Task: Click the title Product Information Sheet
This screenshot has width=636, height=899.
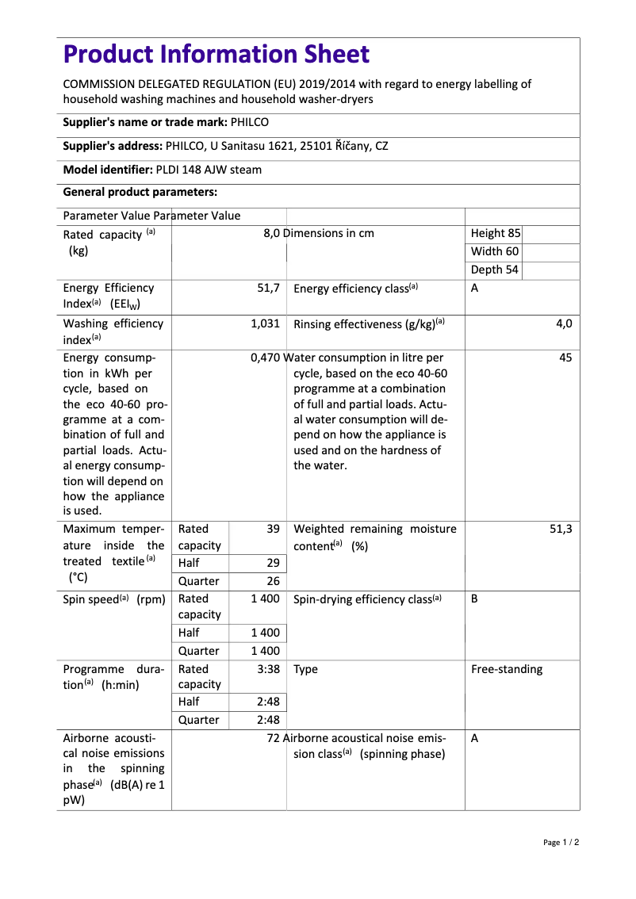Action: [x=216, y=54]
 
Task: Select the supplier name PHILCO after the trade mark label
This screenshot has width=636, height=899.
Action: [x=250, y=122]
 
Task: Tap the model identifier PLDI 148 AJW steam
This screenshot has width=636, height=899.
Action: [x=209, y=170]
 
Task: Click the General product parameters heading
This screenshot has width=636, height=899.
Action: [x=140, y=192]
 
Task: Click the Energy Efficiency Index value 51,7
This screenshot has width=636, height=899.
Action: [x=268, y=289]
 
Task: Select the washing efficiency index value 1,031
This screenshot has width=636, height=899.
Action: [x=265, y=323]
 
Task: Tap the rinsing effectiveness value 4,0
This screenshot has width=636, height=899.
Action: [x=564, y=323]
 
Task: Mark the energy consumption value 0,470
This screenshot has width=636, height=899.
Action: [x=265, y=358]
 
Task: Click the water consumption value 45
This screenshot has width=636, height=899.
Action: [x=565, y=358]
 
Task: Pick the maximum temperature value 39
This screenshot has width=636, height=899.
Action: [x=273, y=529]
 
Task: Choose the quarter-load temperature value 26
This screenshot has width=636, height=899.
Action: [x=273, y=581]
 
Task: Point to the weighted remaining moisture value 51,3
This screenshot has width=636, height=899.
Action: [x=561, y=529]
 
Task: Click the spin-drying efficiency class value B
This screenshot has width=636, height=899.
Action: [x=474, y=599]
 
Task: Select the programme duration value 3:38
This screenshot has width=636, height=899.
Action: [x=268, y=669]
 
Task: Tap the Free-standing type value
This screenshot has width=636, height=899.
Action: [x=507, y=669]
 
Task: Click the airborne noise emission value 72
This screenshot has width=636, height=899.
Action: [x=274, y=738]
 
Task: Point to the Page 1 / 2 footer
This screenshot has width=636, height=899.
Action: [x=561, y=842]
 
